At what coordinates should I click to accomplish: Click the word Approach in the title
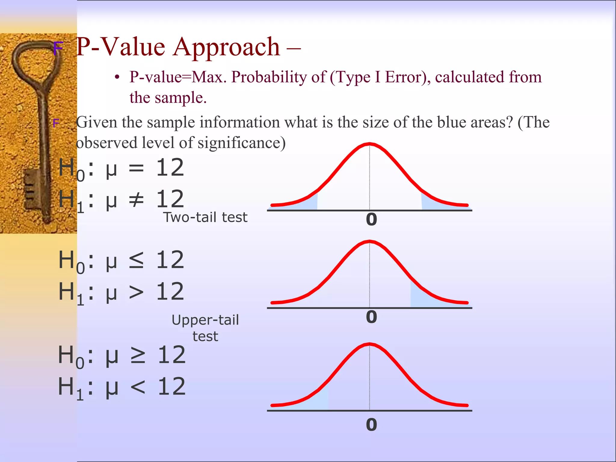[226, 48]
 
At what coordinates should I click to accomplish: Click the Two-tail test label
[205, 217]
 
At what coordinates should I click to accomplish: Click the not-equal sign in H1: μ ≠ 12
[136, 199]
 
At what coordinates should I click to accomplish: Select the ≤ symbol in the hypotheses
[136, 260]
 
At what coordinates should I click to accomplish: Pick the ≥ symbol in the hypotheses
[138, 355]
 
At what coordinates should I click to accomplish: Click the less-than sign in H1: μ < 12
[138, 387]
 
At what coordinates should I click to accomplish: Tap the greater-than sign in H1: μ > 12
[136, 292]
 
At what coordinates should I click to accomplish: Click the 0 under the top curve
[371, 219]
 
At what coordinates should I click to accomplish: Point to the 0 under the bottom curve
[371, 425]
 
